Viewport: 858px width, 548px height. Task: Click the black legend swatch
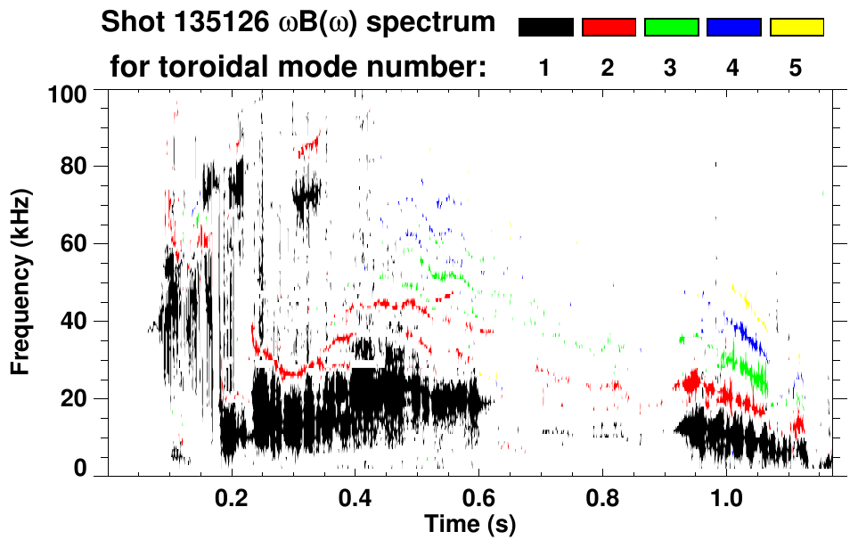(545, 28)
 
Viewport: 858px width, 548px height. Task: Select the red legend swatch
(609, 28)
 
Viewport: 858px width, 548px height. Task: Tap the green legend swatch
(671, 28)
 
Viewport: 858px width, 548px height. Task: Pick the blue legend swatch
(733, 28)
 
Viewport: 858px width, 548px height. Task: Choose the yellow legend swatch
(797, 28)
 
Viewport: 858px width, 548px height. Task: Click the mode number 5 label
(796, 69)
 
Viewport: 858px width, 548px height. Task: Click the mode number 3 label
(670, 69)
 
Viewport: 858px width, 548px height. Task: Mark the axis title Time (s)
(469, 524)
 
